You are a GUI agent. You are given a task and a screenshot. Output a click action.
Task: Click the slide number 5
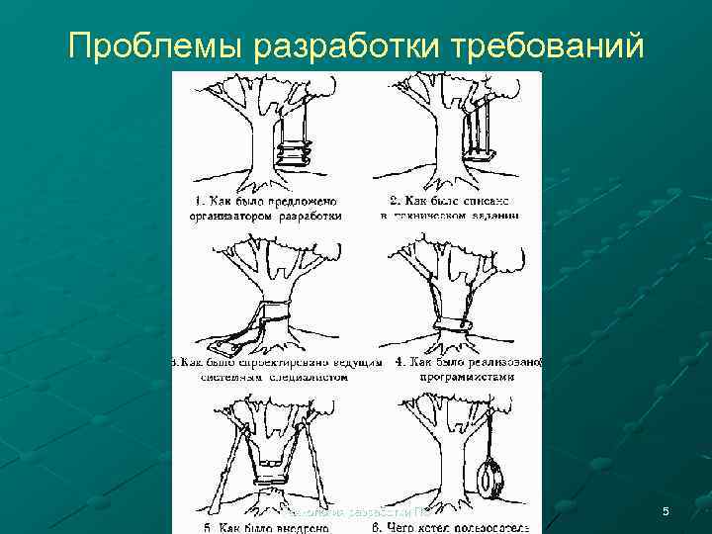coord(666,511)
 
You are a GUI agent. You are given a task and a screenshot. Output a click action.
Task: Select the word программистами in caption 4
coord(467,377)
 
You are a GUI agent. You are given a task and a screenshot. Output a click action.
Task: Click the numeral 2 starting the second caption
coord(395,201)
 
